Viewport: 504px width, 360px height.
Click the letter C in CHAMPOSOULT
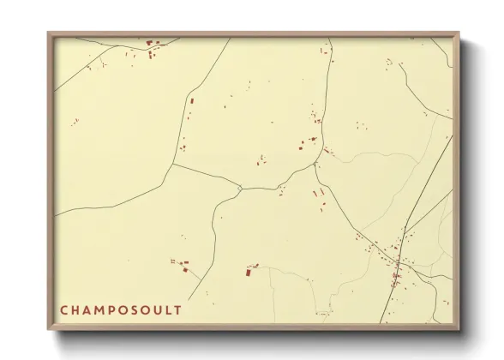(x=64, y=309)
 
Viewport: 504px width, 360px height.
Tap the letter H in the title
(x=75, y=309)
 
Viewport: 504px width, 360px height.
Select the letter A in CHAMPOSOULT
(x=87, y=309)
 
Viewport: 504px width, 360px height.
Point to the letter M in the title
(x=100, y=309)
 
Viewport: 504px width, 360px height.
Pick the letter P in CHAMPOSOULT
(x=113, y=309)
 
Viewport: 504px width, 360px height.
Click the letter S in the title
(x=136, y=309)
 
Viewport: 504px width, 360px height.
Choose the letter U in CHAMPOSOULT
(x=159, y=309)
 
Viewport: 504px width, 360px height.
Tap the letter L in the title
(x=169, y=309)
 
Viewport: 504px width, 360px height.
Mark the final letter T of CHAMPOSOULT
(x=178, y=309)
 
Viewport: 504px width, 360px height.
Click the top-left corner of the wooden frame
(x=49, y=33)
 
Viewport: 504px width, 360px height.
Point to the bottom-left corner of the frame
(x=49, y=328)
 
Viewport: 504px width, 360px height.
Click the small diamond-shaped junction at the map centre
(x=240, y=188)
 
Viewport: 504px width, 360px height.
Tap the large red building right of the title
(x=249, y=272)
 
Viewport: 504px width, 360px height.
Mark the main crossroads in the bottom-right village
(x=398, y=262)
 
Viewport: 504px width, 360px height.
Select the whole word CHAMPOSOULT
(x=121, y=309)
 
